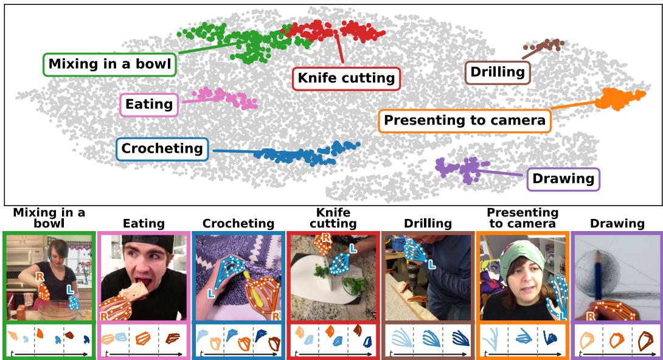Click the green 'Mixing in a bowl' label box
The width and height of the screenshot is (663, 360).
pyautogui.click(x=109, y=64)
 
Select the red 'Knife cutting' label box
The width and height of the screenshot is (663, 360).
pyautogui.click(x=346, y=78)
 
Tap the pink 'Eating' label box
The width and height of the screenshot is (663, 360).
pyautogui.click(x=149, y=105)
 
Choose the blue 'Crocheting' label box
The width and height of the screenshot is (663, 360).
pyautogui.click(x=162, y=149)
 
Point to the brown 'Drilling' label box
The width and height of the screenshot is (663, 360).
pyautogui.click(x=498, y=72)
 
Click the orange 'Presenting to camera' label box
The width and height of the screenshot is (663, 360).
pyautogui.click(x=464, y=121)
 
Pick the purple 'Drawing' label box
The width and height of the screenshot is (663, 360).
pyautogui.click(x=563, y=179)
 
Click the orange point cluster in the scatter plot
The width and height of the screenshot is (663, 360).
pyautogui.click(x=619, y=99)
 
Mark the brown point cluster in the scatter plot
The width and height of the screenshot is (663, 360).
pyautogui.click(x=544, y=44)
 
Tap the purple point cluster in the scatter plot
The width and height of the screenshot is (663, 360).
pyautogui.click(x=463, y=169)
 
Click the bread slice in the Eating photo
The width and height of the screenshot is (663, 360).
pyautogui.click(x=134, y=291)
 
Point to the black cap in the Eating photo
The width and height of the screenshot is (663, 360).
pyautogui.click(x=148, y=242)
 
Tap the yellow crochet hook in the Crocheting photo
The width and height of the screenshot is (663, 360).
pyautogui.click(x=251, y=289)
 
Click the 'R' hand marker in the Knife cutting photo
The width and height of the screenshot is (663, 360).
pyautogui.click(x=326, y=238)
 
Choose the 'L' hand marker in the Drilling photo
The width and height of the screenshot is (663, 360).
pyautogui.click(x=432, y=265)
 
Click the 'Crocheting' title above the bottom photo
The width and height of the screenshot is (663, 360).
pyautogui.click(x=238, y=224)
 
